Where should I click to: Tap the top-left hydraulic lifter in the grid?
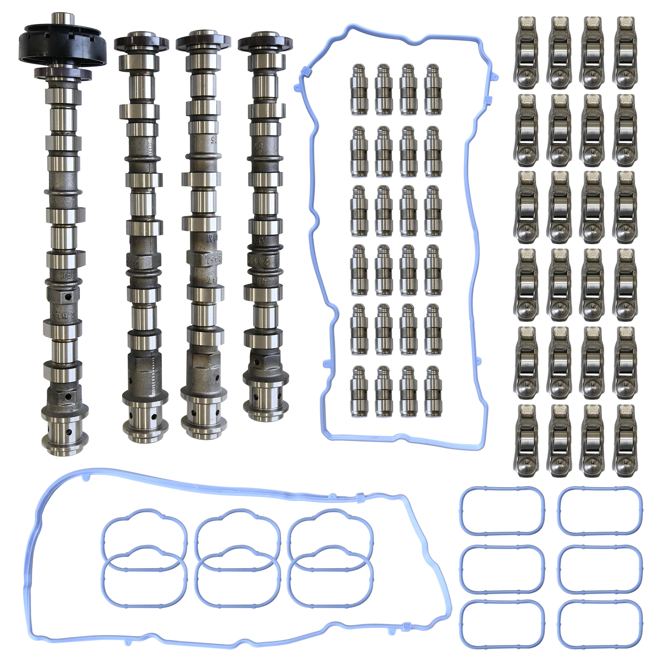pyautogui.click(x=359, y=89)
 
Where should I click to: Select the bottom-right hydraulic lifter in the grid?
pyautogui.click(x=433, y=391)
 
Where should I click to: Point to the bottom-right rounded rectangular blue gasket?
pyautogui.click(x=600, y=624)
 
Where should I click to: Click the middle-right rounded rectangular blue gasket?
pyautogui.click(x=600, y=568)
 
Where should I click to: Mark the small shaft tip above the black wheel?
pyautogui.click(x=62, y=19)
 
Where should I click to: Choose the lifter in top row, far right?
pyautogui.click(x=433, y=89)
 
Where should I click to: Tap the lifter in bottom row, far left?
pyautogui.click(x=359, y=391)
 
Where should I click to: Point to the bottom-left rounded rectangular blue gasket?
pyautogui.click(x=502, y=624)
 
